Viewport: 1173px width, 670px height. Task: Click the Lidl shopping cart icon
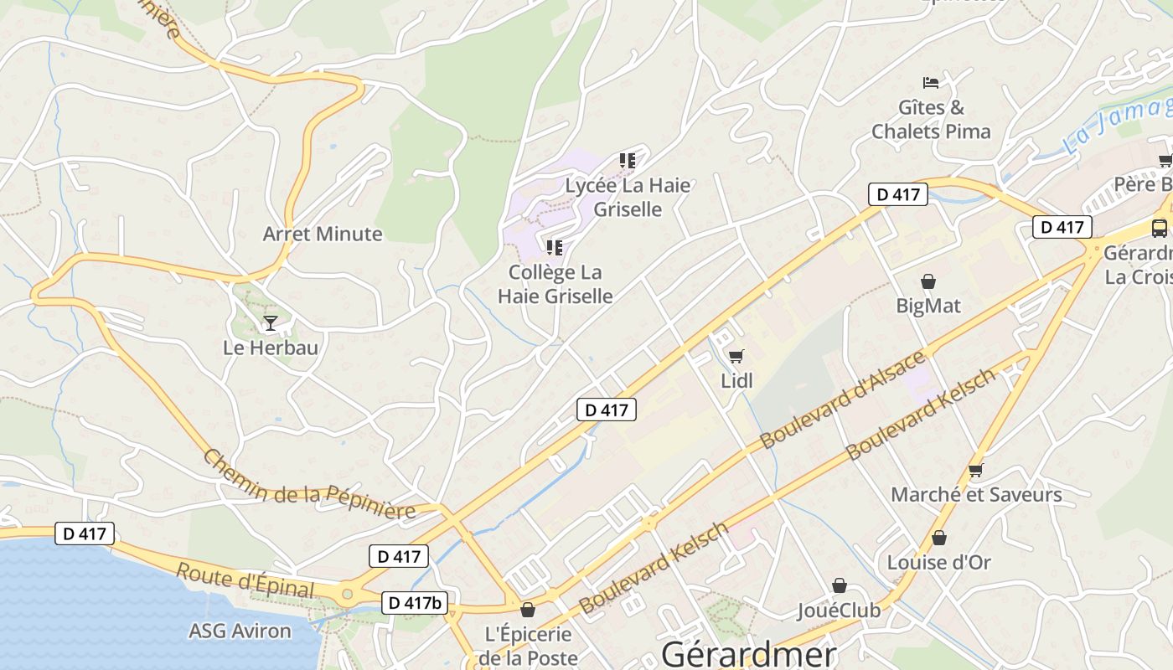tap(736, 357)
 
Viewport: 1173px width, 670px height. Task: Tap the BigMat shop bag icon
tap(928, 281)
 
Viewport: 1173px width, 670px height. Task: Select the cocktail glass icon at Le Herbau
tap(270, 322)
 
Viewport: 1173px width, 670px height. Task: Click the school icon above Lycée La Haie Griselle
tap(628, 161)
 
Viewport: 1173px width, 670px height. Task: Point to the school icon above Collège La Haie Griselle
tap(554, 248)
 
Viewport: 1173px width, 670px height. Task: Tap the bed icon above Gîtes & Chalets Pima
tap(931, 82)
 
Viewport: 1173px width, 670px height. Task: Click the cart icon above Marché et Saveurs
tap(975, 470)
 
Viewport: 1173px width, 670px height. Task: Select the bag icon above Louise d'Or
tap(938, 538)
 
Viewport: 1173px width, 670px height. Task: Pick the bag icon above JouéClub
tap(839, 586)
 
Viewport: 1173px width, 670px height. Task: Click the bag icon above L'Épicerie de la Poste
tap(528, 610)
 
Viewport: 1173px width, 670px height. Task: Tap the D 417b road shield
tap(415, 602)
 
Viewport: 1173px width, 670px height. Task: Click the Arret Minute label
tap(323, 234)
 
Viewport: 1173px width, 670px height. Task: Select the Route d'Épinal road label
tap(245, 580)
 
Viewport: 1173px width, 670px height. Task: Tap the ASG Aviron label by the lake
tap(240, 631)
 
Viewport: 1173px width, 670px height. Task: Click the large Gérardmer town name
tap(748, 653)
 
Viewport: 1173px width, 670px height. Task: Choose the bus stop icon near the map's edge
tap(1160, 228)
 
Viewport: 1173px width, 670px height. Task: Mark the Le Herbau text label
tap(271, 347)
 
